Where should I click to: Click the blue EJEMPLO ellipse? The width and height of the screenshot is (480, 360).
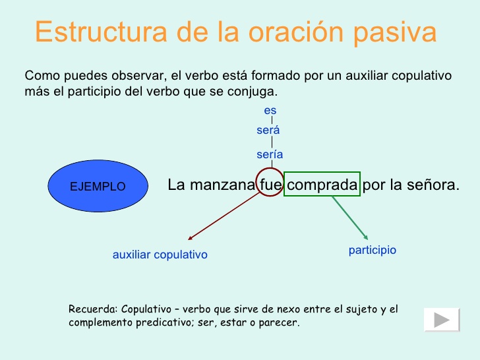(x=98, y=187)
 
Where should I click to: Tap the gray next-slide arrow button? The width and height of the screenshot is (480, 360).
(x=442, y=320)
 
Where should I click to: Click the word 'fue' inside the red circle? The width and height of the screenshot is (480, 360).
(x=270, y=185)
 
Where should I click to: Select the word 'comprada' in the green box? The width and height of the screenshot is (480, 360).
(x=322, y=185)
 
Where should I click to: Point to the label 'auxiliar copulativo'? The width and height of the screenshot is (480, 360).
(x=160, y=255)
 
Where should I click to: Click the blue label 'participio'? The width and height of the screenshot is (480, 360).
(x=372, y=251)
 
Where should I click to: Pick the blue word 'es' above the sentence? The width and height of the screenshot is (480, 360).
(x=270, y=110)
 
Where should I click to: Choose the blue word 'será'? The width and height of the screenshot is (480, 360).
(x=268, y=131)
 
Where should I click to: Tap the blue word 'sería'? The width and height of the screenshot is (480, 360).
(x=270, y=154)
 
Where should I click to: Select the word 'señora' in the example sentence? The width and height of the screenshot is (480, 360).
(x=433, y=185)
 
